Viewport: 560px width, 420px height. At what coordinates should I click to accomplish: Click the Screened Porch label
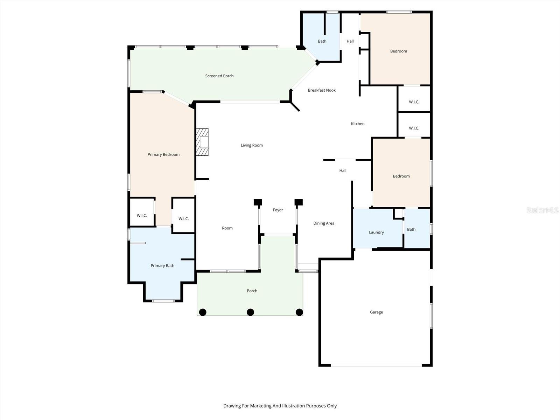(x=219, y=76)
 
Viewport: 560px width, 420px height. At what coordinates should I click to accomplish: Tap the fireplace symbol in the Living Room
(x=202, y=142)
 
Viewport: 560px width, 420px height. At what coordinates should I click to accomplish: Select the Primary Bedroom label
(x=163, y=154)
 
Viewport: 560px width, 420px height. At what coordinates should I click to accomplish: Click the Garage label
(x=376, y=312)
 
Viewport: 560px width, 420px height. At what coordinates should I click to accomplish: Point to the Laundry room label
(x=376, y=232)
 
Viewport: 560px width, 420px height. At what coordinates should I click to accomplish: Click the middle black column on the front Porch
(x=250, y=312)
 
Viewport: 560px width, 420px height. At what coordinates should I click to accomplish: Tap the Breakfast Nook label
(x=322, y=90)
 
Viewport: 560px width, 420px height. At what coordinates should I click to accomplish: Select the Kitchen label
(x=358, y=124)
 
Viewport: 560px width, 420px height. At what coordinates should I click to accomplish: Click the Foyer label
(x=278, y=210)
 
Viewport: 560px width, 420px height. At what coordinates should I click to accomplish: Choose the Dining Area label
(x=324, y=223)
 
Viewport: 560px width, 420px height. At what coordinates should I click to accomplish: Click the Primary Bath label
(x=162, y=266)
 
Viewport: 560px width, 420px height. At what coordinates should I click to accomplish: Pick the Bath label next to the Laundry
(x=411, y=230)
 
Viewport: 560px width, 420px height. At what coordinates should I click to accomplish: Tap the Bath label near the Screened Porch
(x=322, y=41)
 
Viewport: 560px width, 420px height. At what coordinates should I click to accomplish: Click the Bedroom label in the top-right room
(x=399, y=51)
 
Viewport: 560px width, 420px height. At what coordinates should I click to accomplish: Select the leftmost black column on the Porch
(x=203, y=312)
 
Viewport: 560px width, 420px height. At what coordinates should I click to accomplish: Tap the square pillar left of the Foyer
(x=258, y=202)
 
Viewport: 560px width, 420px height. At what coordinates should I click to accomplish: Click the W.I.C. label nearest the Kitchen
(x=414, y=128)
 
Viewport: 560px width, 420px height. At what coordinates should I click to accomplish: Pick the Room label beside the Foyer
(x=227, y=228)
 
